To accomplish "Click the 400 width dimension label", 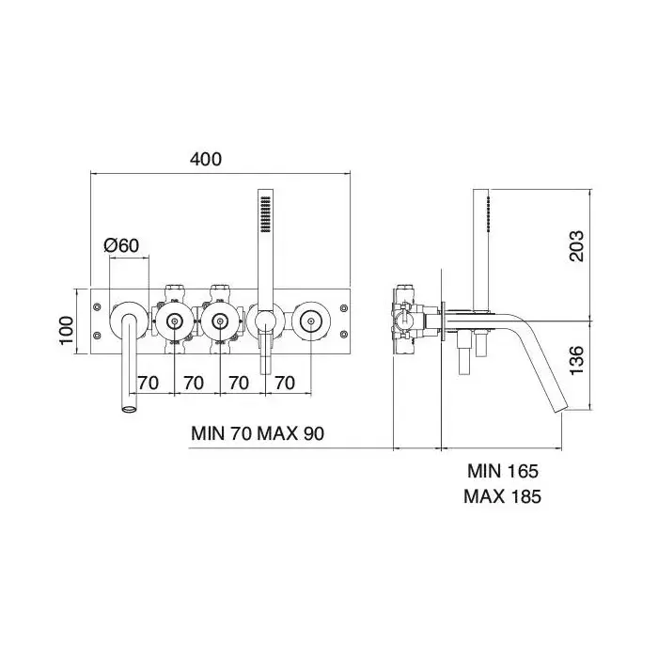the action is click(206, 160).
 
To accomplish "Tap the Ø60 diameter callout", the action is click(121, 245).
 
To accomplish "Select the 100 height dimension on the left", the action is click(67, 331).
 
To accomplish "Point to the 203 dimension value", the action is click(576, 246).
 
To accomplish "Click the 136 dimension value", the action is click(576, 360).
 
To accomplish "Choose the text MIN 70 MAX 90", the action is click(258, 433).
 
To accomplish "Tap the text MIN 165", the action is click(503, 471).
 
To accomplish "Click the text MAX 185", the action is click(502, 496).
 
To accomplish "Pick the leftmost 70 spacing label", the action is click(149, 383).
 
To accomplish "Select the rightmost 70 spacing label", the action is click(285, 383).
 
